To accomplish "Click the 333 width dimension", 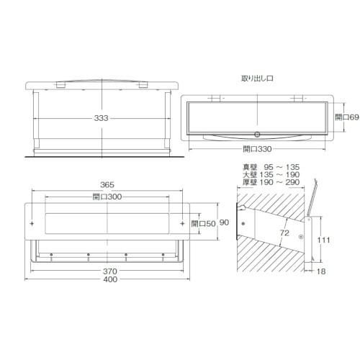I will [105, 118].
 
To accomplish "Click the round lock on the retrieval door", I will [257, 135].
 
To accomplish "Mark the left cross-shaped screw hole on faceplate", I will [32, 224].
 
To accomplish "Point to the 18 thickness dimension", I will [320, 272].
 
